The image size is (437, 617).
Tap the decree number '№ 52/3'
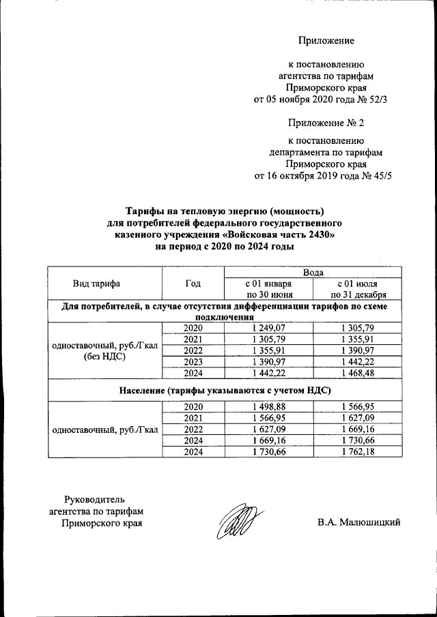coord(378,99)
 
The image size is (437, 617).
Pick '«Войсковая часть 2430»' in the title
coord(282,235)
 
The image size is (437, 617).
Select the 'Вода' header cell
coord(313,272)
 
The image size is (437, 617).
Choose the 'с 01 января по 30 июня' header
coord(268,289)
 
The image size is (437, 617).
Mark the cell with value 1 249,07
coord(268,328)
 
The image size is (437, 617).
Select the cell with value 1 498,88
coord(268,406)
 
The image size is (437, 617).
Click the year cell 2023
coord(193,361)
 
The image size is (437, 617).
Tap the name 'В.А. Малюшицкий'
coord(358,523)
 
